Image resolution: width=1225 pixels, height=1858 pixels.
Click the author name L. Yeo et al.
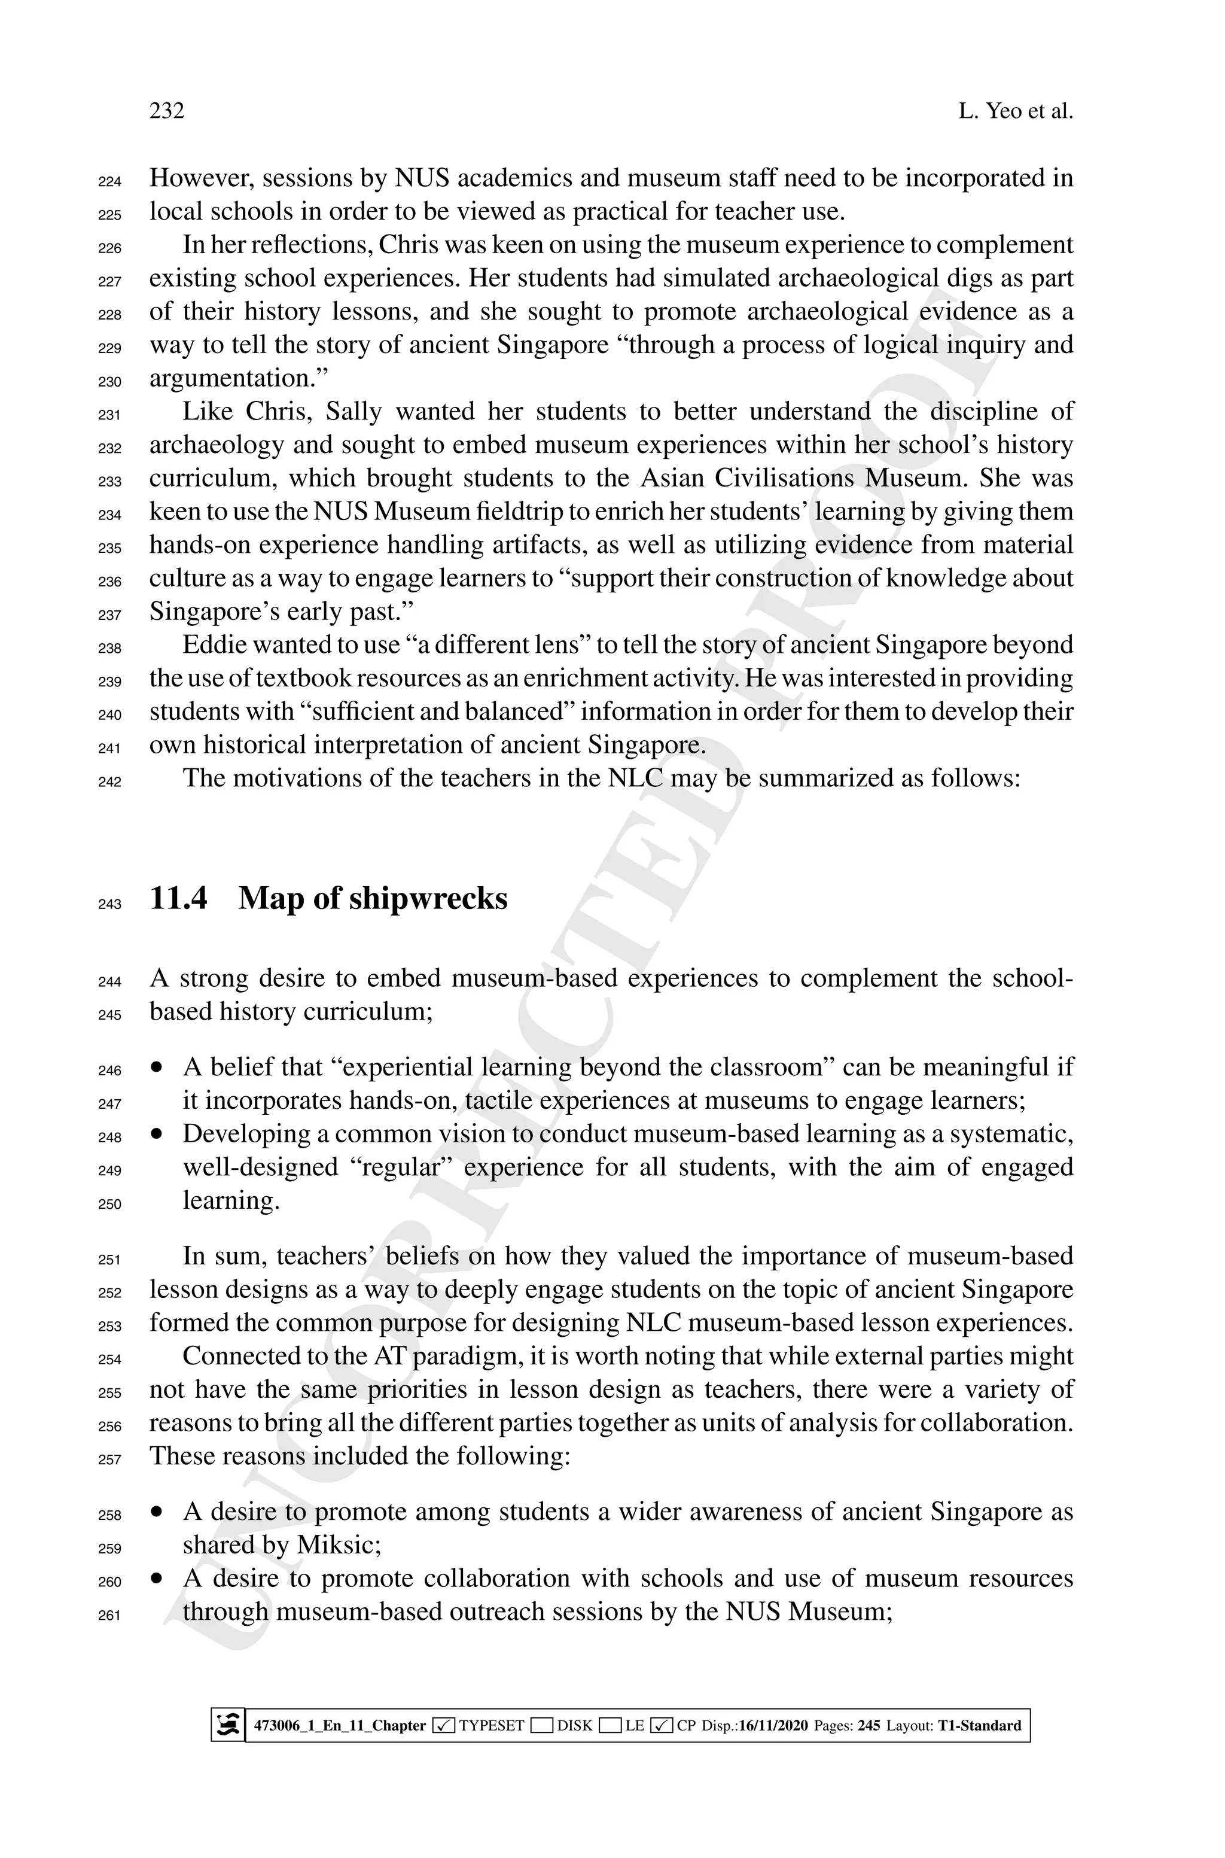coord(1015,111)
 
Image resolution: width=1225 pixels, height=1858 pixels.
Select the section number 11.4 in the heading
coord(178,898)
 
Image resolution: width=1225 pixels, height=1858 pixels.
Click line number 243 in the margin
coord(110,904)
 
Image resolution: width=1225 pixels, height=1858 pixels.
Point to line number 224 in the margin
coord(110,182)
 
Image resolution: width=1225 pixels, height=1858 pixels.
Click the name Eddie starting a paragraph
coord(214,644)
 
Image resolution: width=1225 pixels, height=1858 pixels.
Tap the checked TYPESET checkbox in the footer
coord(443,1725)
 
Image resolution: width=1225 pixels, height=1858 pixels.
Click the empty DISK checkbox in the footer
coord(541,1725)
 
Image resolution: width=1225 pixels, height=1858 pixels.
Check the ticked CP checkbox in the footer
coord(661,1725)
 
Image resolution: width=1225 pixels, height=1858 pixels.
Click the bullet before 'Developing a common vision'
coord(159,1133)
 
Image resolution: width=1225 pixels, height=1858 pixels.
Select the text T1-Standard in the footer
coord(979,1725)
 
